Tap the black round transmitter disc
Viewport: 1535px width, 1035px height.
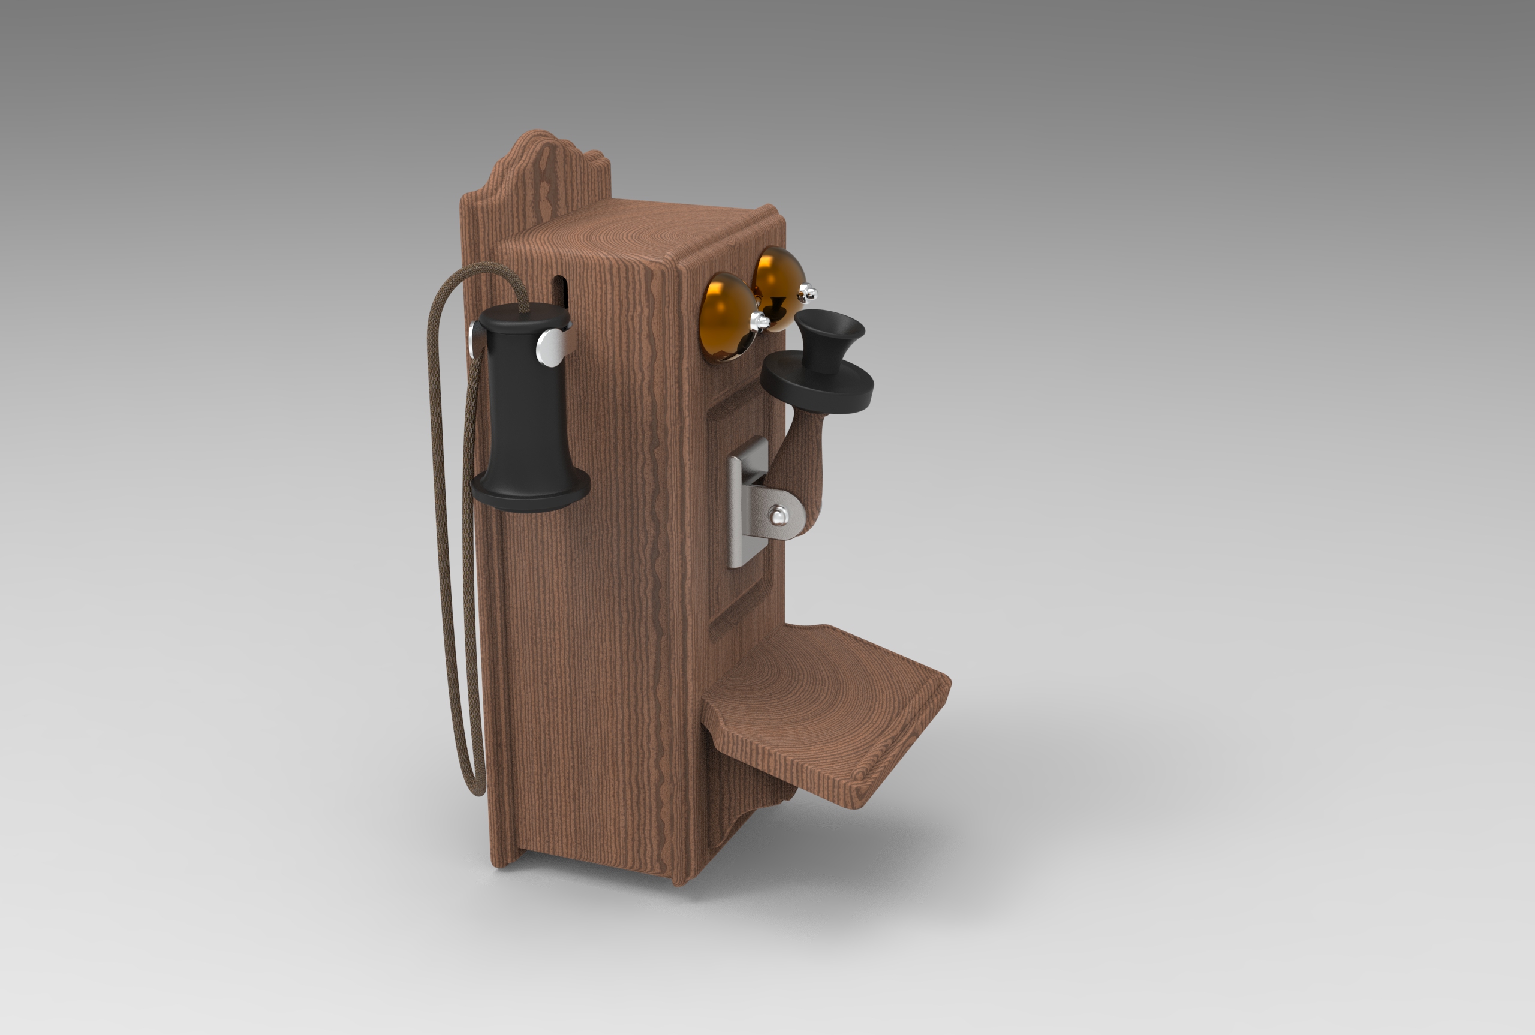click(817, 386)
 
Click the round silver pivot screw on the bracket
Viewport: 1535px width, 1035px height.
click(779, 516)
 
